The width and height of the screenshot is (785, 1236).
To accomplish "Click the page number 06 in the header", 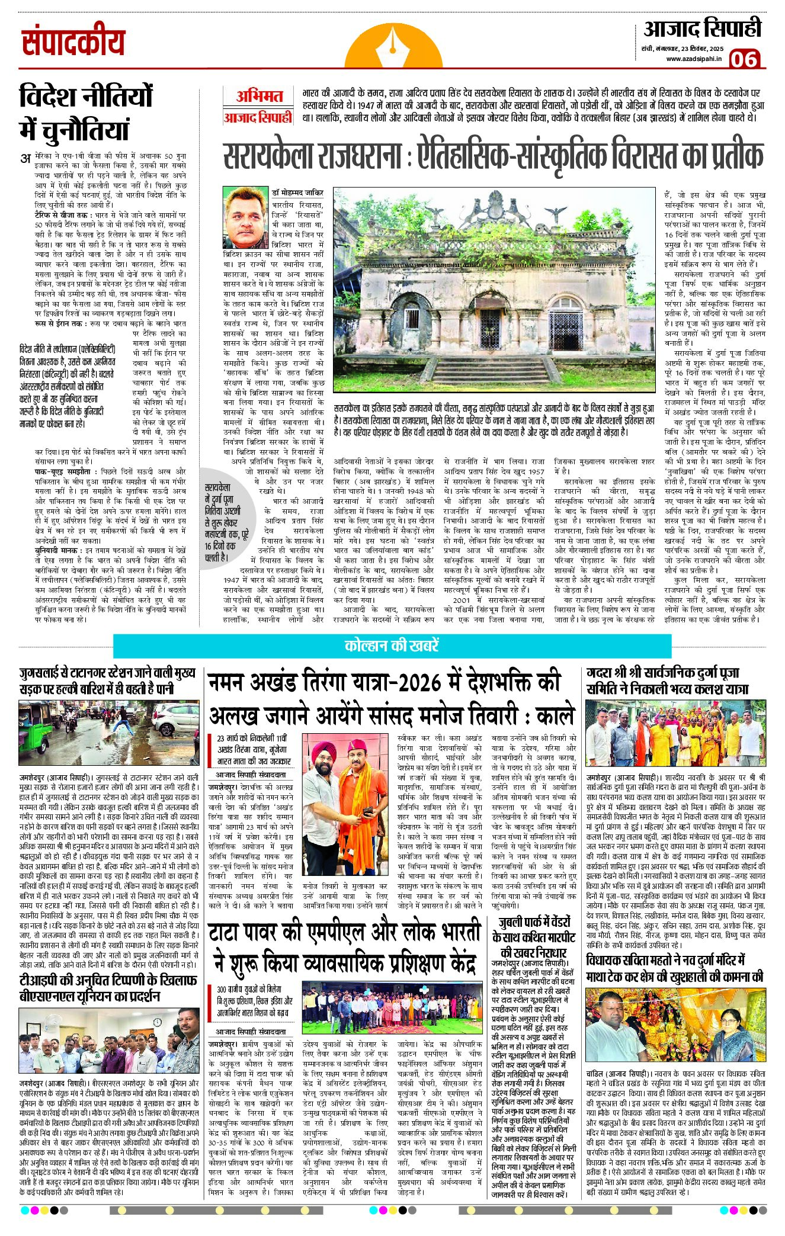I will click(x=745, y=59).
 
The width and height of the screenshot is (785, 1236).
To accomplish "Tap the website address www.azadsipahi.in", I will click(x=694, y=59).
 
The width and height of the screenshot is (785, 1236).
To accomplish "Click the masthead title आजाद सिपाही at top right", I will click(x=702, y=28).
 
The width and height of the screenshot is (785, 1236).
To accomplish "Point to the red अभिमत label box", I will click(x=259, y=97).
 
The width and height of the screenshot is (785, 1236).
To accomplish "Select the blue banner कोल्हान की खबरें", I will click(x=392, y=645).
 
